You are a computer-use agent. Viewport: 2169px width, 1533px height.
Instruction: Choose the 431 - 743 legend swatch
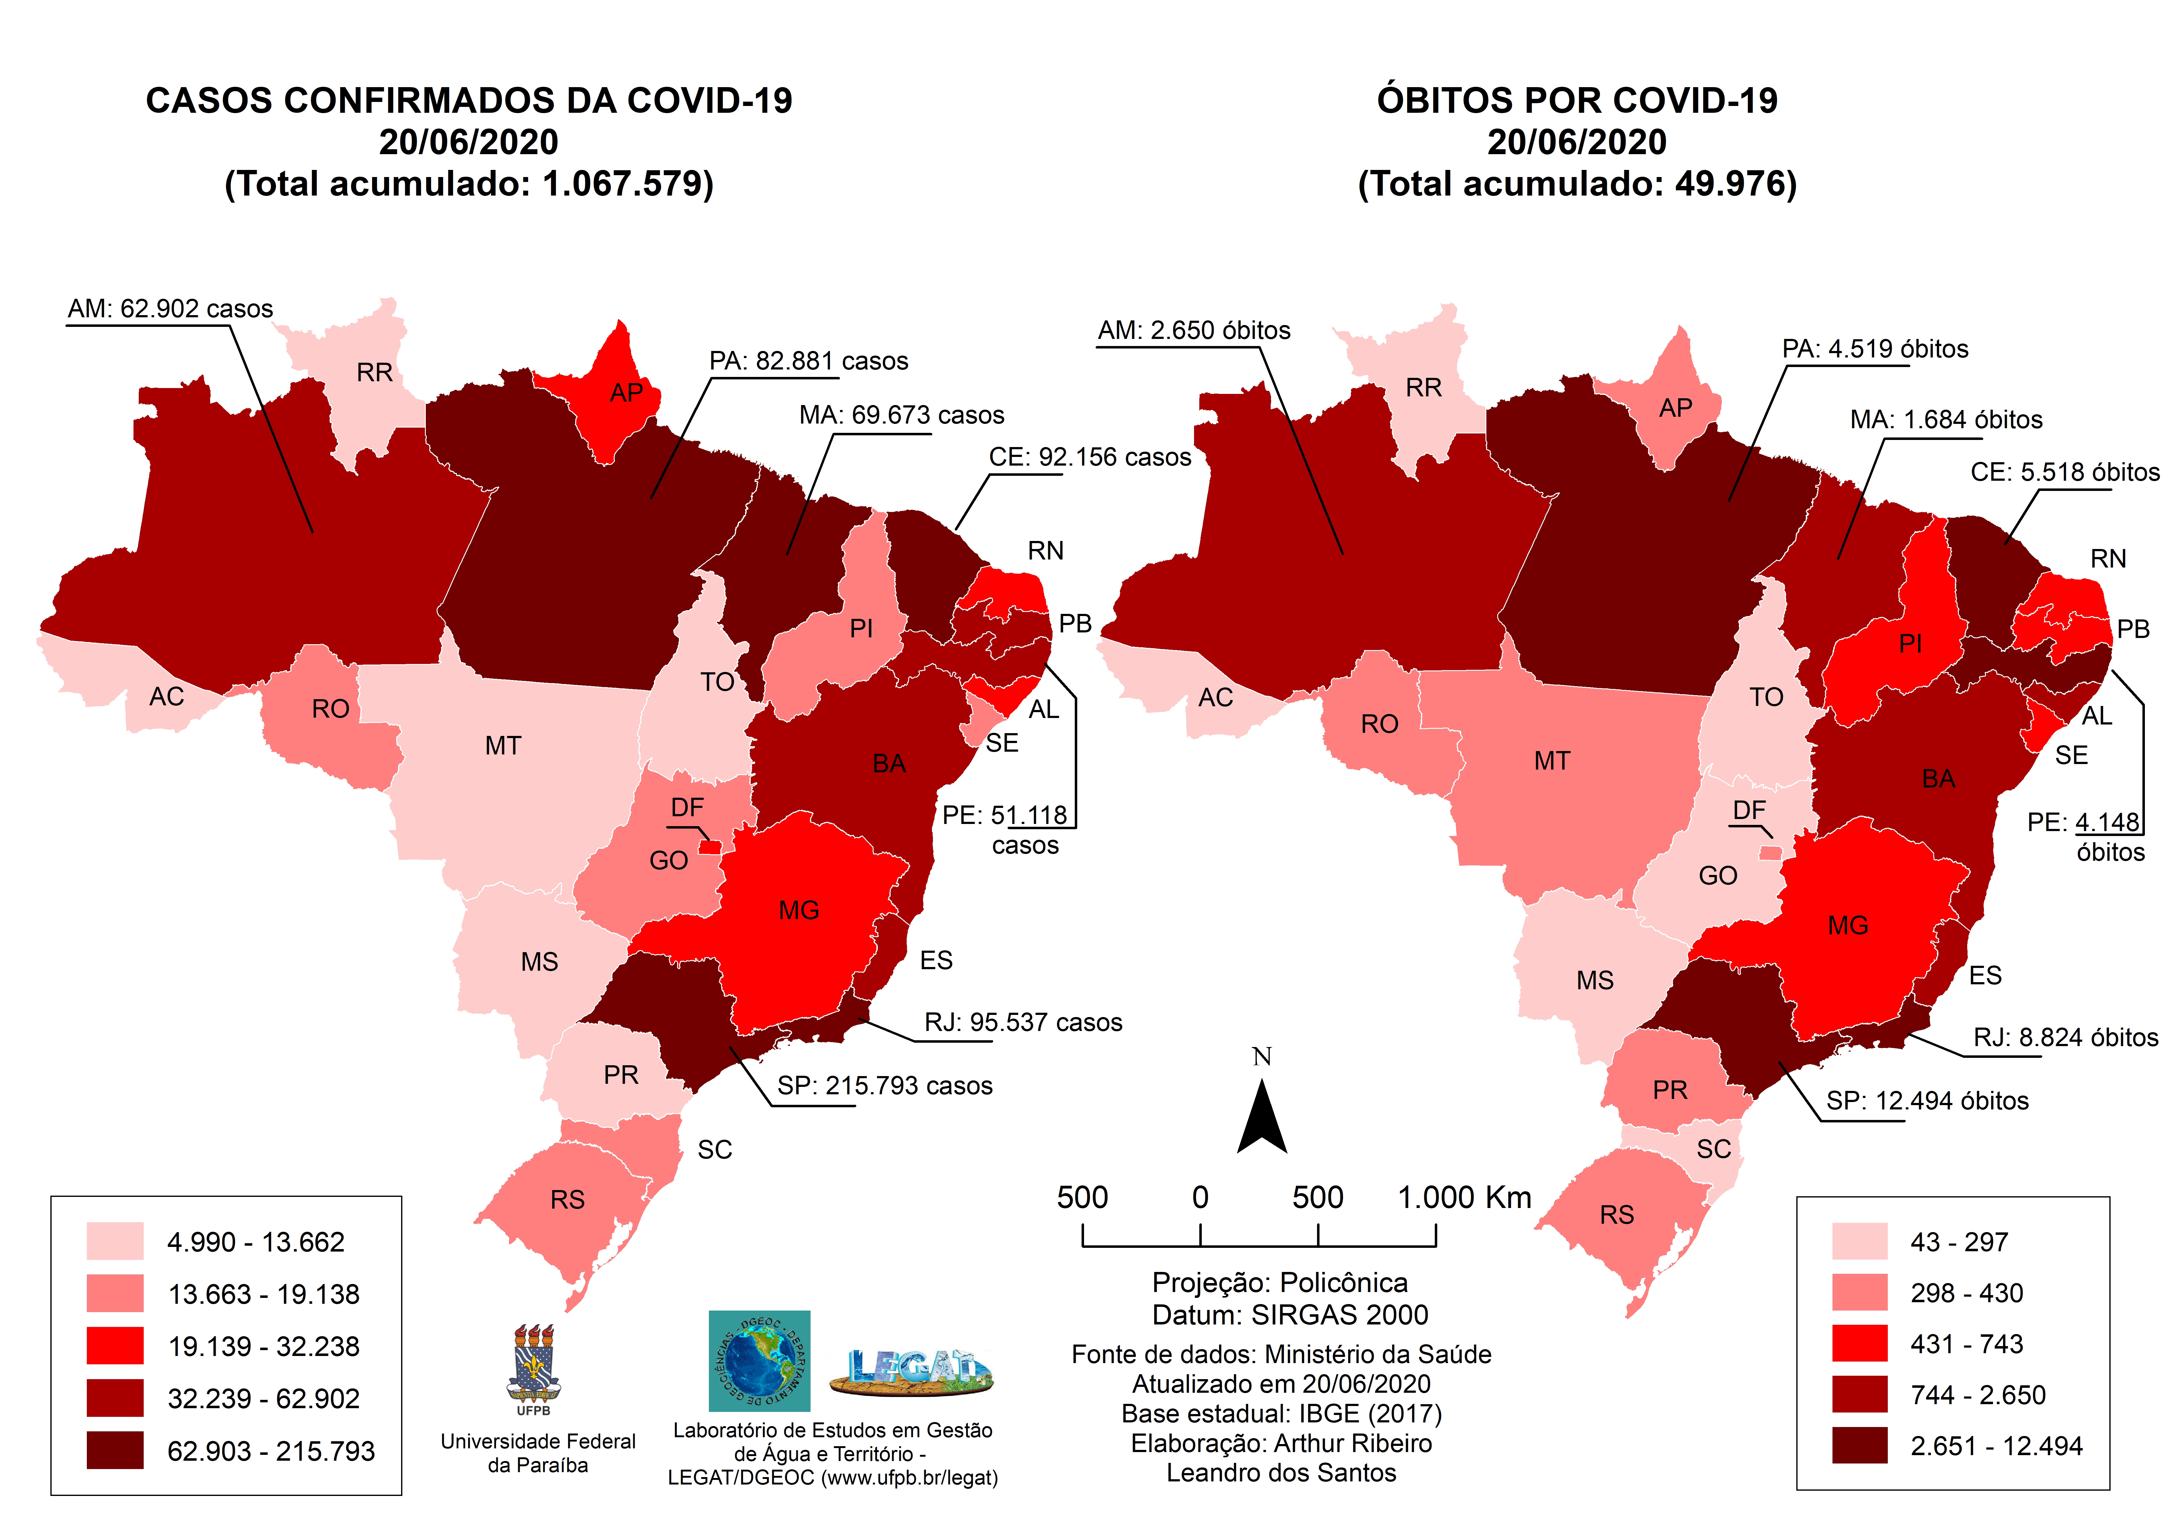point(1859,1343)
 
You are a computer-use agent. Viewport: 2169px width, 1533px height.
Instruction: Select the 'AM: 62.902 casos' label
point(170,309)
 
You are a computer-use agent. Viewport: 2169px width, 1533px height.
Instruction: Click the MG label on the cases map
point(798,910)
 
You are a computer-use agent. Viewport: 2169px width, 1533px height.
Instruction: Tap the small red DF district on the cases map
point(710,847)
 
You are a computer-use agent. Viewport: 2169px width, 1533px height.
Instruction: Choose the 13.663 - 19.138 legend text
point(264,1294)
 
